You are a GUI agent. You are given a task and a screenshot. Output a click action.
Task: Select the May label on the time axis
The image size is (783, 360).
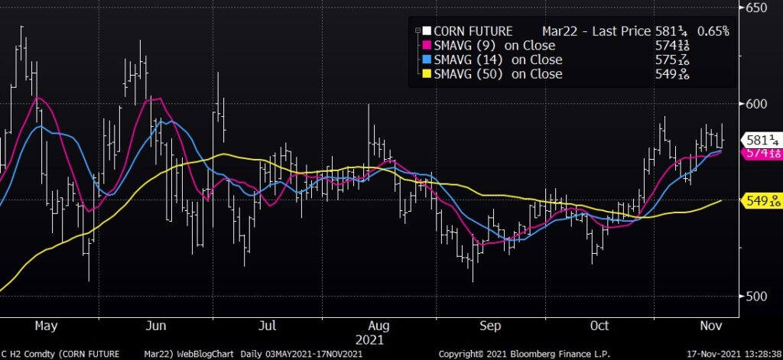click(x=46, y=326)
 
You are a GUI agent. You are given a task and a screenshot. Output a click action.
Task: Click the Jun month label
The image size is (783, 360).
click(x=156, y=326)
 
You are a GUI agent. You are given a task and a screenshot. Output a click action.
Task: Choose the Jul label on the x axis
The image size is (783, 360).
click(x=268, y=326)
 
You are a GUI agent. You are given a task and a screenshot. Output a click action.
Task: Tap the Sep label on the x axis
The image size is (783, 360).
click(x=489, y=326)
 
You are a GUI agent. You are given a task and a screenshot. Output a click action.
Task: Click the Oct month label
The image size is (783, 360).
click(x=600, y=326)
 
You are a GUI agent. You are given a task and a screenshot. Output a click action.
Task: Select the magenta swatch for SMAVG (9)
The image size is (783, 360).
click(x=427, y=46)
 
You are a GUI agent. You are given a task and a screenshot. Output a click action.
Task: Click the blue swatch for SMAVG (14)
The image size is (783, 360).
click(x=427, y=60)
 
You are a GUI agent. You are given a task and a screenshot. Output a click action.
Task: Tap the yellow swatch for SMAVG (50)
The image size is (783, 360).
click(x=427, y=74)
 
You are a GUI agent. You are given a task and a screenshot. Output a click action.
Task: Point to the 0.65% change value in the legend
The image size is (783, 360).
click(x=713, y=31)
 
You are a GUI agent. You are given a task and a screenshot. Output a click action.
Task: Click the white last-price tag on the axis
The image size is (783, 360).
click(x=762, y=140)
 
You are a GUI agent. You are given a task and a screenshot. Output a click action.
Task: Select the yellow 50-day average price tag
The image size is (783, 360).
click(x=762, y=200)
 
